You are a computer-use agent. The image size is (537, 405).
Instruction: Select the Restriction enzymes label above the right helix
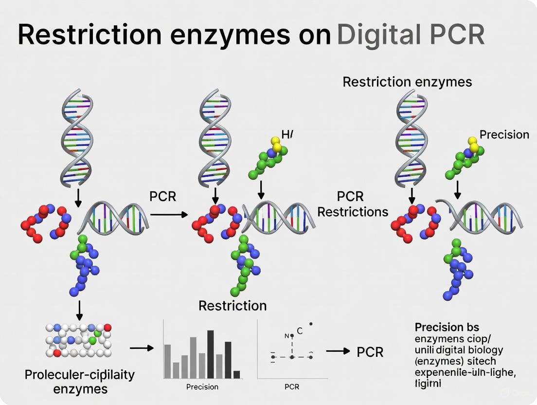click(407, 81)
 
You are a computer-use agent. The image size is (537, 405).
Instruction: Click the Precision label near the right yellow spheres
click(504, 134)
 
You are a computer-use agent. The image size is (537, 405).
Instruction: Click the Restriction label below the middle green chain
click(233, 306)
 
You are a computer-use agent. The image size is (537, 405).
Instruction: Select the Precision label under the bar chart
click(202, 387)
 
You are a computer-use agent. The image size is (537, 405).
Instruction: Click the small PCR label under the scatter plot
click(291, 387)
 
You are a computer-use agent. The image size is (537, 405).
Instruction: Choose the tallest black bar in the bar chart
click(211, 351)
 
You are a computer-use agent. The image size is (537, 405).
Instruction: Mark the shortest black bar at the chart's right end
click(236, 374)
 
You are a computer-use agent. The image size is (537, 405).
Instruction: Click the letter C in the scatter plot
click(300, 331)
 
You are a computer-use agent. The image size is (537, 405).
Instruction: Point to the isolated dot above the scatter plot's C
click(311, 323)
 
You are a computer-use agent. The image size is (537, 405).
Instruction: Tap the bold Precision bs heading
click(447, 327)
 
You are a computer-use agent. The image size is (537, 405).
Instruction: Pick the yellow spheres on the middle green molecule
click(276, 145)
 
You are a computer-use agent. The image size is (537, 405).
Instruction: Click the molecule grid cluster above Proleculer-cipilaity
click(78, 340)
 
